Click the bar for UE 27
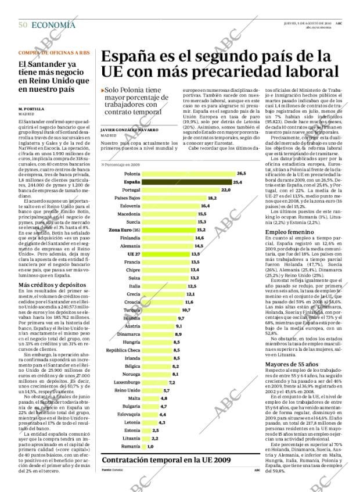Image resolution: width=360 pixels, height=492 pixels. tap(157, 254)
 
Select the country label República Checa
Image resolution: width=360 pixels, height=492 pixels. tap(123, 350)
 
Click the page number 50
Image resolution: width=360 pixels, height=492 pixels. tap(23, 24)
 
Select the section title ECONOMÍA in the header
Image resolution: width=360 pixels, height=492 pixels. tap(53, 24)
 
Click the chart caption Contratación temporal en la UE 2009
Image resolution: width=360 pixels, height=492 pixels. tap(166, 459)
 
